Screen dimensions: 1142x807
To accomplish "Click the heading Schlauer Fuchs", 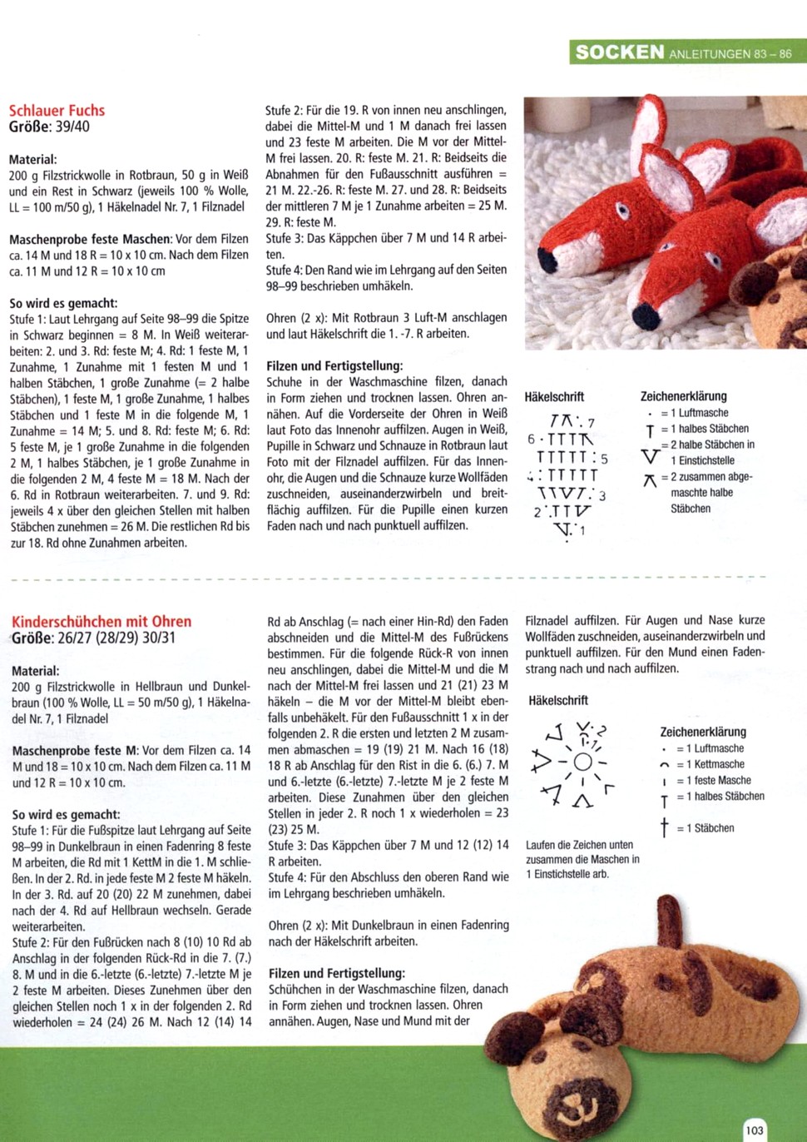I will pos(57,110).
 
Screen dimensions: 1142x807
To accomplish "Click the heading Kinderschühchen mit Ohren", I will pos(101,622).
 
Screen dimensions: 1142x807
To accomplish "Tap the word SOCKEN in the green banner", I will pos(620,52).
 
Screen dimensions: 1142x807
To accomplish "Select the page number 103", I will pos(755,1130).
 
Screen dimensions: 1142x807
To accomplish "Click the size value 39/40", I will pos(72,127).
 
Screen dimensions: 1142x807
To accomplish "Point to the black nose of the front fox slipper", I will pos(646,316).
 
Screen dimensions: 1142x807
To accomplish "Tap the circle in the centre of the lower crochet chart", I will pos(582,762).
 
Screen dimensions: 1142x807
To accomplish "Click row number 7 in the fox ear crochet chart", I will pos(591,423).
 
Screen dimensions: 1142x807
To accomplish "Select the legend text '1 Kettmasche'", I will pos(710,764).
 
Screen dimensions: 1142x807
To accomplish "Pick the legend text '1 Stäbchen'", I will pos(705,828).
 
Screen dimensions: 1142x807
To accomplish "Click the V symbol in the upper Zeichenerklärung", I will pos(650,456).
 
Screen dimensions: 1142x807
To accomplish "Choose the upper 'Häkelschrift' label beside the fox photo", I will pos(554,397).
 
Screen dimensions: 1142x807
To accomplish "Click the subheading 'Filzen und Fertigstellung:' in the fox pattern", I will pos(334,365).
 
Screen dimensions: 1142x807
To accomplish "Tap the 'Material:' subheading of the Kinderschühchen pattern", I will pos(36,671).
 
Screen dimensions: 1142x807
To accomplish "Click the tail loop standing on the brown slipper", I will pos(668,920).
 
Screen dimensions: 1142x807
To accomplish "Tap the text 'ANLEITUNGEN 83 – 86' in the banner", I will pos(730,54).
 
